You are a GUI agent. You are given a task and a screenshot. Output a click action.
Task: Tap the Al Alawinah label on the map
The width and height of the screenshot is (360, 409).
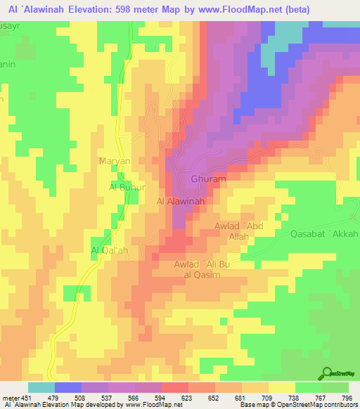180,201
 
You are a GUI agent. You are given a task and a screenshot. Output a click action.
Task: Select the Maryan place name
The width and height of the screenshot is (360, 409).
114,161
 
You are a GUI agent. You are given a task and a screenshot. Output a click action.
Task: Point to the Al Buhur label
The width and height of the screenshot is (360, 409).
127,188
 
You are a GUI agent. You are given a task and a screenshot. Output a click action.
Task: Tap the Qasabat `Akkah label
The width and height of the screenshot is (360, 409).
323,234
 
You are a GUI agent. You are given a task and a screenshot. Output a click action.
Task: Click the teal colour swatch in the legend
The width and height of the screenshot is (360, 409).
41,387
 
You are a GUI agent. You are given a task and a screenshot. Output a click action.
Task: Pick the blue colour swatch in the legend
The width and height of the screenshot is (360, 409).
68,387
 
